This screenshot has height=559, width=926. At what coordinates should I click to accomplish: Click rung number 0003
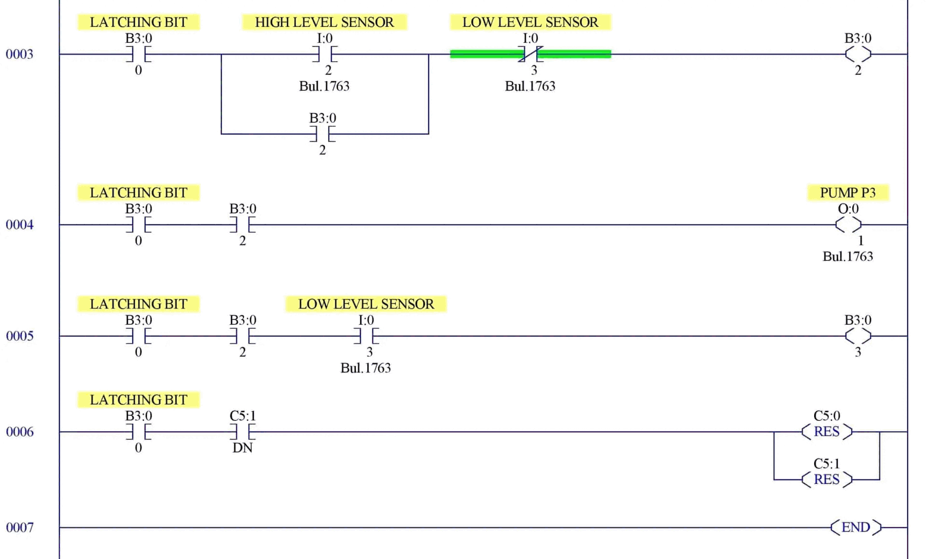[19, 54]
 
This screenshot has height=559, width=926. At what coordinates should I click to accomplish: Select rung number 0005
[19, 336]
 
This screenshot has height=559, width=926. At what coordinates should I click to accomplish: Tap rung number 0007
[19, 527]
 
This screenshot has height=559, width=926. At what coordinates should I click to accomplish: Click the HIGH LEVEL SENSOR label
[324, 22]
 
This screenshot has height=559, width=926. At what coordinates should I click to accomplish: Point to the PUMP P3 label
[848, 193]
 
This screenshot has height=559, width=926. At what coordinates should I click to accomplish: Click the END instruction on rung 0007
[856, 527]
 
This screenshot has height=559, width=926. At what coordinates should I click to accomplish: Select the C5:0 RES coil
[827, 431]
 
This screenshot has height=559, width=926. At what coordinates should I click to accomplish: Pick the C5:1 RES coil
[827, 479]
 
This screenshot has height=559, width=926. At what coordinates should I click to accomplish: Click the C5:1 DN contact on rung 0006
[243, 432]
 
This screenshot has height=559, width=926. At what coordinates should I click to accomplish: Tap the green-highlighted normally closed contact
[531, 54]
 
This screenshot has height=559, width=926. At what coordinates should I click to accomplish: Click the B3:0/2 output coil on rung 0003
[858, 54]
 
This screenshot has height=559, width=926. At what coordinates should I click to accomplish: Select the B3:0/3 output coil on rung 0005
[858, 336]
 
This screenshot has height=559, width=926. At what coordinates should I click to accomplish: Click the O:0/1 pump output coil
[848, 225]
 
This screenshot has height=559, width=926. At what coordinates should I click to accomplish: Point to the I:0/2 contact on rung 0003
[325, 54]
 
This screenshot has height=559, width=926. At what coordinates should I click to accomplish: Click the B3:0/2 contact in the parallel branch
[323, 134]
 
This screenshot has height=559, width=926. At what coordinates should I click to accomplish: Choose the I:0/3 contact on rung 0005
[366, 336]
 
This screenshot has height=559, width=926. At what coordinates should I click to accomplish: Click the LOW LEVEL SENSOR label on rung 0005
[366, 304]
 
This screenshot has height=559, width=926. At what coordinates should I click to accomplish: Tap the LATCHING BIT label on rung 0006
[138, 400]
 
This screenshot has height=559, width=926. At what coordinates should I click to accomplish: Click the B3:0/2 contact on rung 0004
[243, 225]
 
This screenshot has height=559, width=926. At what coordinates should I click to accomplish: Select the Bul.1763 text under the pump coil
[848, 256]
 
